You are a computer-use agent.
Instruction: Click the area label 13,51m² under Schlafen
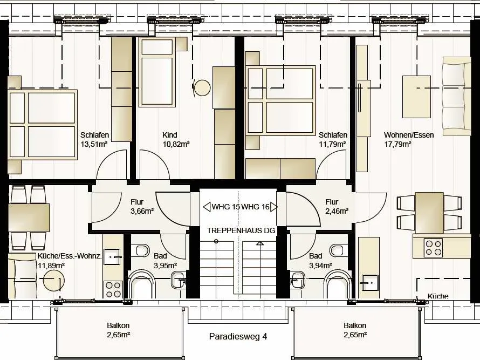(94, 144)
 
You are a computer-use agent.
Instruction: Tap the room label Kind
(169, 135)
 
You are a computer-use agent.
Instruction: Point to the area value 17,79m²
(397, 144)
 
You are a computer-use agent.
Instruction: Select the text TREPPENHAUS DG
(241, 230)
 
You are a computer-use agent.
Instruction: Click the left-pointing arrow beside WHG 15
(207, 207)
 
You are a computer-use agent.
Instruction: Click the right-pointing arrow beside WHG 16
(274, 207)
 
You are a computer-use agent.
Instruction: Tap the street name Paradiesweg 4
(238, 336)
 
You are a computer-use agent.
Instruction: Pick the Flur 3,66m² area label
(142, 211)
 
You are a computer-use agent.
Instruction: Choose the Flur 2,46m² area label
(337, 211)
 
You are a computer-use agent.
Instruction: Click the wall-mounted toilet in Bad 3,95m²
(142, 250)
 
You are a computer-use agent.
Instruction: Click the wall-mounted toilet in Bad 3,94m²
(337, 250)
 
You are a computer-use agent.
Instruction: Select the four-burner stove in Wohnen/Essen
(434, 248)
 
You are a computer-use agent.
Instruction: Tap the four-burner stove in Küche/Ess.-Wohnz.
(113, 289)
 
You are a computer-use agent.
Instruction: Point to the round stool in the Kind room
(202, 88)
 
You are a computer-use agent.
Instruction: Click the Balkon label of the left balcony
(118, 325)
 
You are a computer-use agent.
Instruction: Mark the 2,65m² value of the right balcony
(355, 335)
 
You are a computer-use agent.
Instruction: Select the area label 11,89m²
(51, 266)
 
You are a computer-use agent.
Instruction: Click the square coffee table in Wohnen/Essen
(416, 97)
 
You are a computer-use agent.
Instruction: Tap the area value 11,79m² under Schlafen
(333, 144)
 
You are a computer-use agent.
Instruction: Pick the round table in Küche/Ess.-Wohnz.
(54, 280)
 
